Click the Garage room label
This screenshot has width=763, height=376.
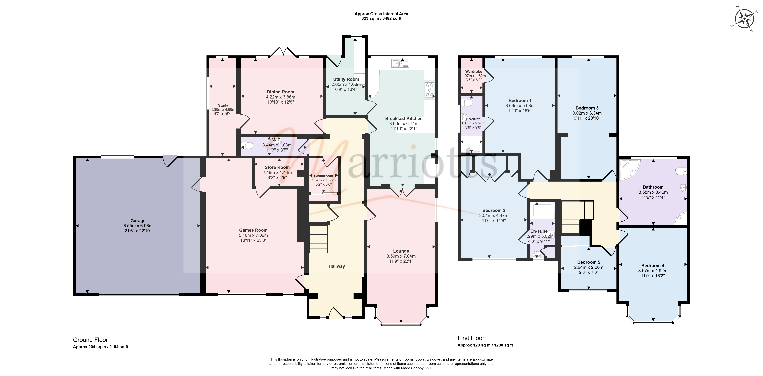138,220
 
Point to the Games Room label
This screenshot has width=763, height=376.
253,230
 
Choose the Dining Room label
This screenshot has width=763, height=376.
281,92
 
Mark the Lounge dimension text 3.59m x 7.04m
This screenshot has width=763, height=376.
401,256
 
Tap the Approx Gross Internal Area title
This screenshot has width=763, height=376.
381,14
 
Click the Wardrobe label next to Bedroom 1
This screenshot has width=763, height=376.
474,71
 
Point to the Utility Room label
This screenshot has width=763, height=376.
346,79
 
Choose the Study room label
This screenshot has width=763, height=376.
223,105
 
